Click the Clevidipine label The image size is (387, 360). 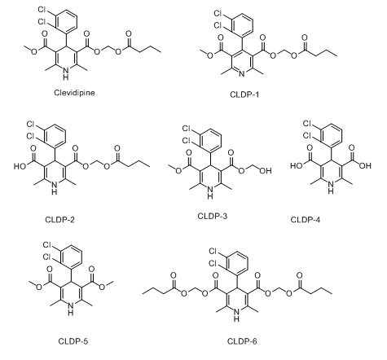(74, 93)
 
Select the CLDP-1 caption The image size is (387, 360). (244, 94)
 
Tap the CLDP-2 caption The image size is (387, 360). (59, 219)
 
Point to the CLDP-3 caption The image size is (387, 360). (213, 216)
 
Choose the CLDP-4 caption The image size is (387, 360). (306, 219)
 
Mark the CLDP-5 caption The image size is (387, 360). (73, 341)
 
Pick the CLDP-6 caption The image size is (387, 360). (242, 341)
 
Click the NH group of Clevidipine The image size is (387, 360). (66, 73)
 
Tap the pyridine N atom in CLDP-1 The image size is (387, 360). (242, 73)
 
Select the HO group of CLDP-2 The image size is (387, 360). (20, 166)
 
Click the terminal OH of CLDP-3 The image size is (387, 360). (266, 170)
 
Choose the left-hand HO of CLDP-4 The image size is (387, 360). (297, 165)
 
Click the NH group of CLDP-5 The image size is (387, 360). (71, 309)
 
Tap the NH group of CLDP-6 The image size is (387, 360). (236, 315)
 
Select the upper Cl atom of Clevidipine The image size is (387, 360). (42, 10)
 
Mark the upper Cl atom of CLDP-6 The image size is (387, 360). (213, 251)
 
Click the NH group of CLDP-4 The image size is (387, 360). (331, 187)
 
